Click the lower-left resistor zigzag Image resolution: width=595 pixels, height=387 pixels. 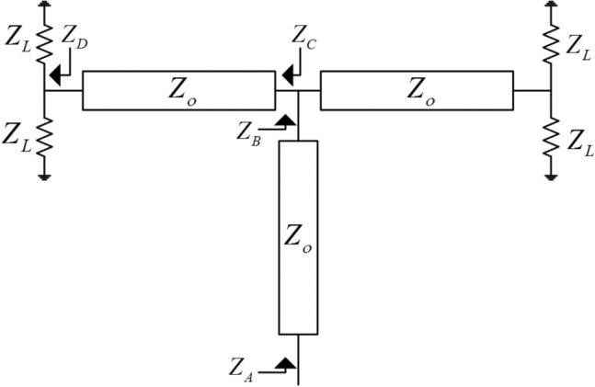tap(43, 137)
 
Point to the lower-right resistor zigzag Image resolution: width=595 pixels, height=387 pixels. tap(550, 137)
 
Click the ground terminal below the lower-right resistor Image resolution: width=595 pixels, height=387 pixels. tap(550, 174)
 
